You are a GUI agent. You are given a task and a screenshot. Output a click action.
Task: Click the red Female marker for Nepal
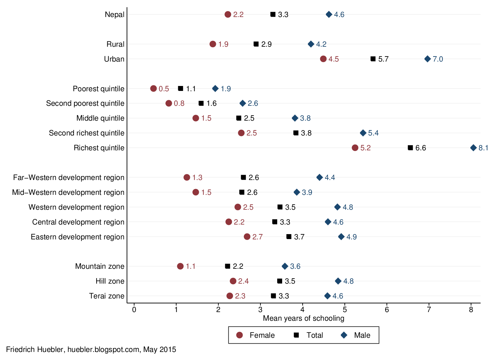pyautogui.click(x=228, y=15)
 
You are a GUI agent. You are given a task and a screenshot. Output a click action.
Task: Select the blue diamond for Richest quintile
pyautogui.click(x=473, y=148)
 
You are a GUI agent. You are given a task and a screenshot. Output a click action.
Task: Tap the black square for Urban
pyautogui.click(x=373, y=59)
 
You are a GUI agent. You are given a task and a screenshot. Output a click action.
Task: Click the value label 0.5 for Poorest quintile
pyautogui.click(x=164, y=89)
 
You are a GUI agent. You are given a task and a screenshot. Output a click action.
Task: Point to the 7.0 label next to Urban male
pyautogui.click(x=438, y=59)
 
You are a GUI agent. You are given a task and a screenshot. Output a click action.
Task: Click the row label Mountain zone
pyautogui.click(x=100, y=266)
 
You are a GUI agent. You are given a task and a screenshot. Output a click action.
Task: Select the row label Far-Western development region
pyautogui.click(x=69, y=178)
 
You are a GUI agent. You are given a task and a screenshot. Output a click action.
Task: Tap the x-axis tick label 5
pyautogui.click(x=345, y=310)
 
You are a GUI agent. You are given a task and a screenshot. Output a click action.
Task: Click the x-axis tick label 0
pyautogui.click(x=134, y=310)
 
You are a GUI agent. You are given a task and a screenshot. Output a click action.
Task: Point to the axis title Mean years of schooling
pyautogui.click(x=303, y=318)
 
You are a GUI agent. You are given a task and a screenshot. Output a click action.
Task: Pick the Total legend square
pyautogui.click(x=296, y=335)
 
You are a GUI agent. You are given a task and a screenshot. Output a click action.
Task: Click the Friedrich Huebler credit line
pyautogui.click(x=91, y=349)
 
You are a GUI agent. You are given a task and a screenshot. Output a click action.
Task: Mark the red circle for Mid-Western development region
pyautogui.click(x=196, y=192)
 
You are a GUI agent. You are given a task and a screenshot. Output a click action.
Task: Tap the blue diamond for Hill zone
pyautogui.click(x=338, y=281)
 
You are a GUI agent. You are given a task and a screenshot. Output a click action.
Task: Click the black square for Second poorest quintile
pyautogui.click(x=201, y=103)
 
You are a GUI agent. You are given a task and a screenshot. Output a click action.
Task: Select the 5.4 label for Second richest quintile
pyautogui.click(x=373, y=133)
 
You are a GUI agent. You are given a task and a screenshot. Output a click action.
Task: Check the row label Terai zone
pyautogui.click(x=107, y=296)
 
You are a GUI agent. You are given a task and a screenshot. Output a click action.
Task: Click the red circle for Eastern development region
pyautogui.click(x=247, y=237)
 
